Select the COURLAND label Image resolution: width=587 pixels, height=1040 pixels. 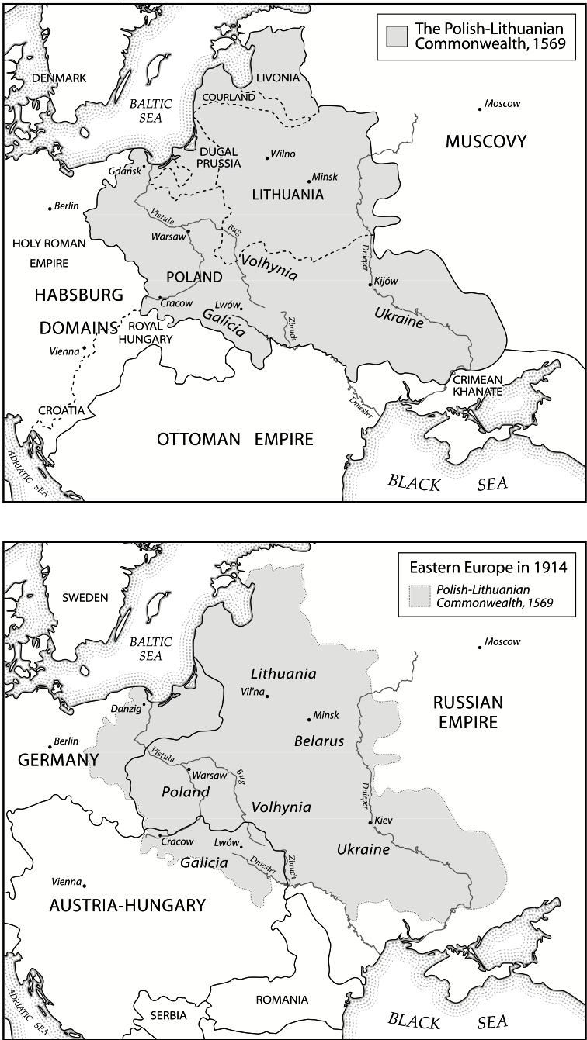point(228,98)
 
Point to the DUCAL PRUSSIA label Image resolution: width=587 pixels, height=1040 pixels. point(220,157)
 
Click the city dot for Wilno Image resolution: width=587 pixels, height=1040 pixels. point(267,158)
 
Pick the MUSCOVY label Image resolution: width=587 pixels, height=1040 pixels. point(486,141)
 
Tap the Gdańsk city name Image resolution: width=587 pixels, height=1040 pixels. point(124,170)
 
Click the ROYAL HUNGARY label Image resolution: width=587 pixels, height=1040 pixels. point(145,332)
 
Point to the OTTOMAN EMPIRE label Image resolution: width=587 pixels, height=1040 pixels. point(234,440)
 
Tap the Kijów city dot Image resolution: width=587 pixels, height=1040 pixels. point(371,285)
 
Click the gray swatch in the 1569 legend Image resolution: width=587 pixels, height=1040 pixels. point(398,36)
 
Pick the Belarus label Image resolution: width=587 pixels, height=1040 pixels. point(318,741)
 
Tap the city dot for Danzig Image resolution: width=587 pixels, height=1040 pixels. point(144,704)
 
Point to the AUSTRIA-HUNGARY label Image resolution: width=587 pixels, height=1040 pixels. point(127,904)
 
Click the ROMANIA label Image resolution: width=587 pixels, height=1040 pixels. point(283,1000)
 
